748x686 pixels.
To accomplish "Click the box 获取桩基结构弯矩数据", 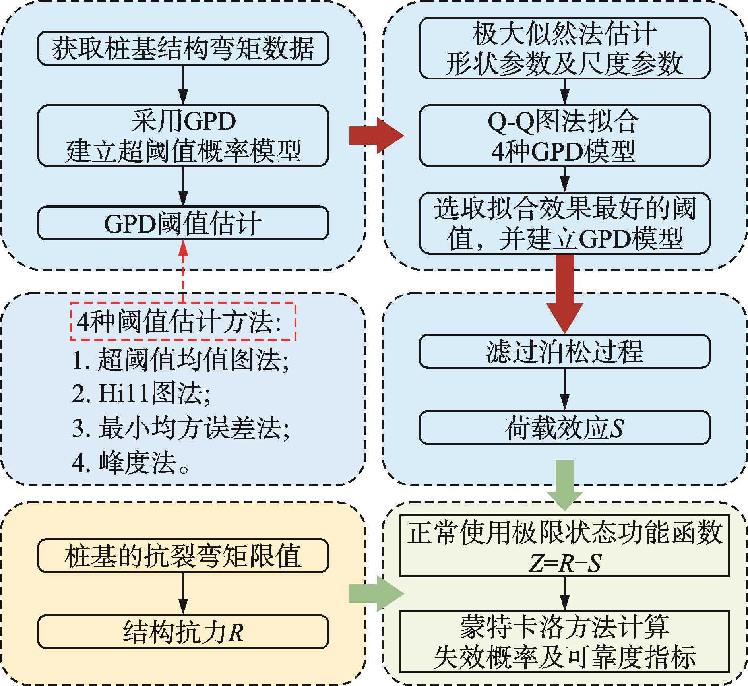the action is tap(183, 48).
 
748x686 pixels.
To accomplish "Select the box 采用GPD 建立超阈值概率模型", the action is tap(183, 136).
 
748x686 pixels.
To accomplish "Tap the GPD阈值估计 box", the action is tap(183, 223).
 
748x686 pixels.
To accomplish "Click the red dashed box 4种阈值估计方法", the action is tap(183, 321).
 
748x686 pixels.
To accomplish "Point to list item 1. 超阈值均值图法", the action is tap(180, 360).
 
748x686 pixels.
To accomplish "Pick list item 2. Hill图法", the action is tap(141, 394).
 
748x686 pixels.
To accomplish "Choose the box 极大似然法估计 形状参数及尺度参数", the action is tap(564, 48).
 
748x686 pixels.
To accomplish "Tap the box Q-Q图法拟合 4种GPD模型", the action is tap(564, 136).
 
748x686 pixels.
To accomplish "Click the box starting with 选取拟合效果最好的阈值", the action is tap(564, 223).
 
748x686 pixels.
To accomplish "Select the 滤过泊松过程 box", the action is tap(564, 351).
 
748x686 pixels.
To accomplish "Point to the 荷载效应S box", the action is tap(564, 427).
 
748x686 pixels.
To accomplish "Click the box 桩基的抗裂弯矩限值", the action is tap(183, 555).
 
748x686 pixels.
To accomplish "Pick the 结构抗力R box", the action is tap(183, 632).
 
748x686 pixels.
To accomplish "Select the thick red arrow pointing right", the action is tap(377, 136).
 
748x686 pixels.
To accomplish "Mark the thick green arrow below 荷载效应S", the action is tap(564, 485).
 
